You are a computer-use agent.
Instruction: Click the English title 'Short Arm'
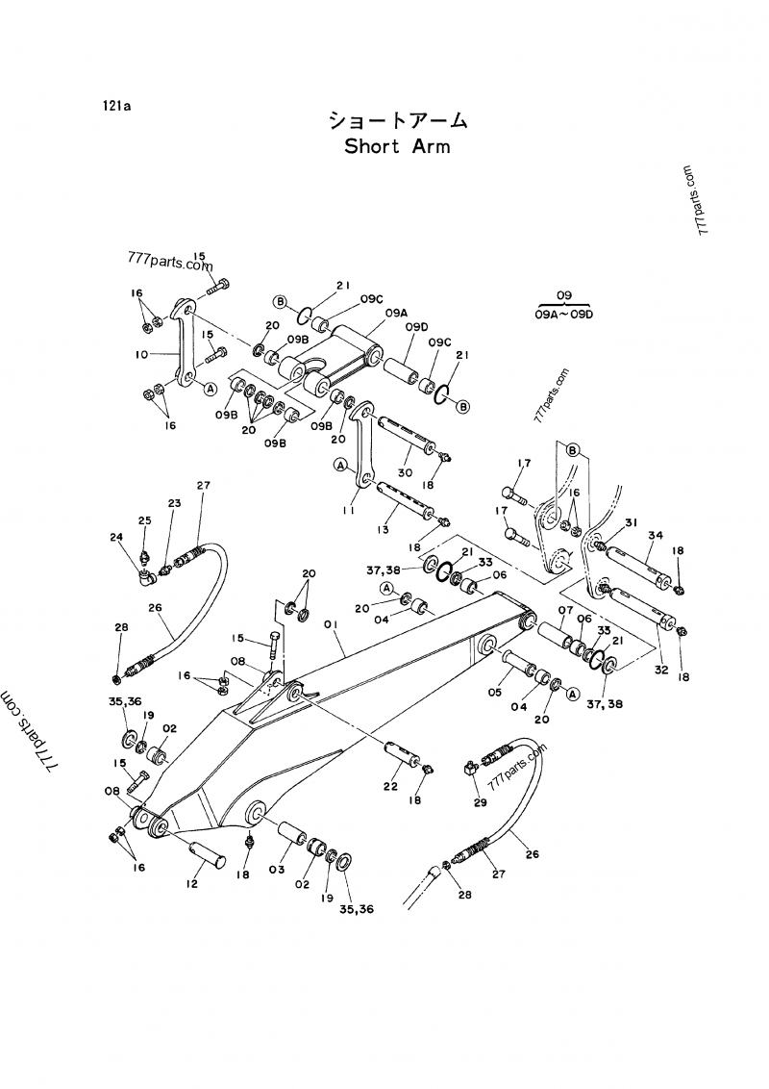point(397,147)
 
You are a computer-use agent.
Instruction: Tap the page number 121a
point(116,107)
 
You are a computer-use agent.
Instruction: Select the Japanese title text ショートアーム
point(397,120)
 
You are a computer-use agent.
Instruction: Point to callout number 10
point(142,355)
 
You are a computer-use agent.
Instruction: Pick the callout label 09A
point(397,312)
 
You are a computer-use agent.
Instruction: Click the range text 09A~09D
point(564,314)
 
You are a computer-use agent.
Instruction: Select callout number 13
point(384,530)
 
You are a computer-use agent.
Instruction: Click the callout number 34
point(655,535)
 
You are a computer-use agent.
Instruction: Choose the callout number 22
point(389,787)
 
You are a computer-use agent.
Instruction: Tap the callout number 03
point(277,870)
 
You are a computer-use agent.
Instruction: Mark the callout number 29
point(480,800)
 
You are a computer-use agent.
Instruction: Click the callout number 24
point(115,538)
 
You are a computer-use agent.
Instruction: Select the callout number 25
point(144,520)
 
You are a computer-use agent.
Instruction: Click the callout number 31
point(631,522)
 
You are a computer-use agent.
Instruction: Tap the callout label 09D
point(415,327)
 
